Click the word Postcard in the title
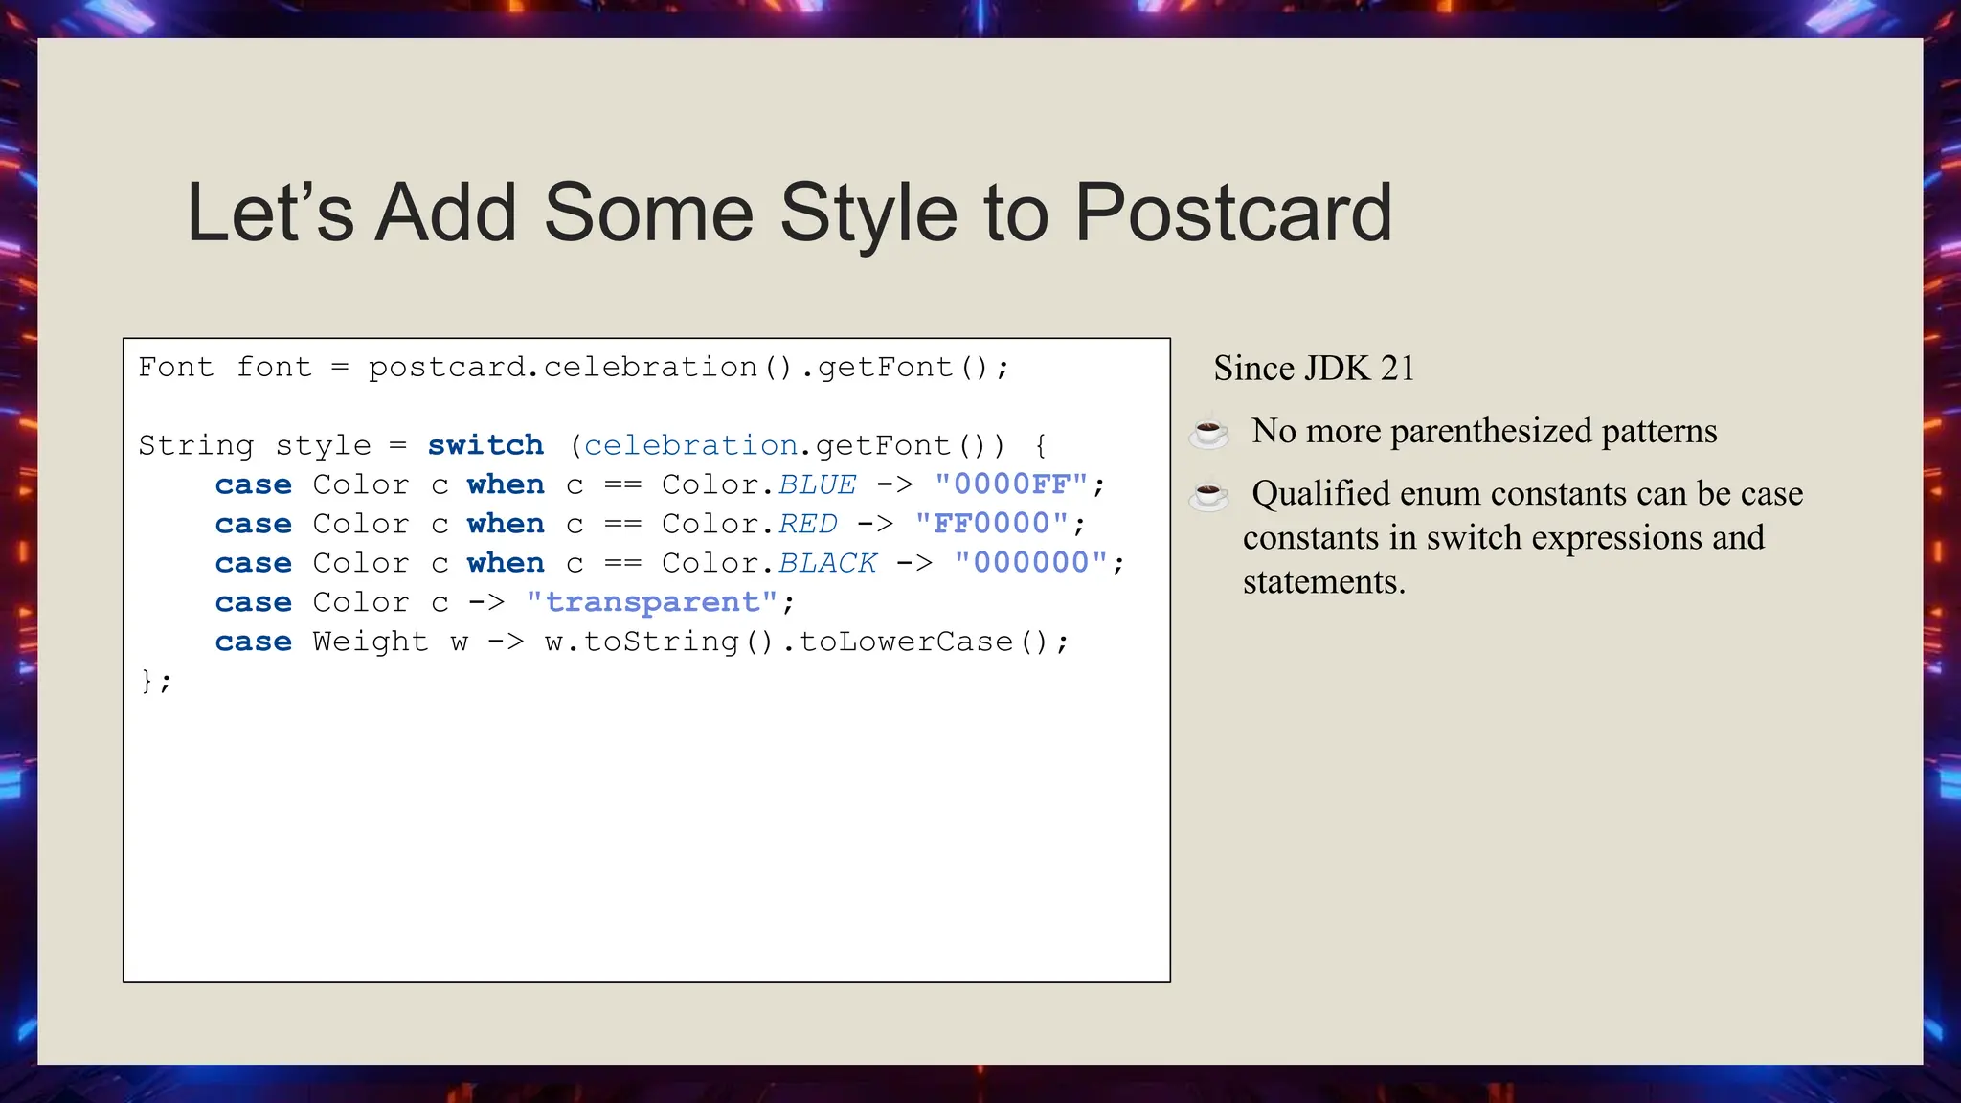(x=1232, y=213)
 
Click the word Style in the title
(x=868, y=213)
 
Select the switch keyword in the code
(x=485, y=445)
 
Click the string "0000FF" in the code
(x=1011, y=484)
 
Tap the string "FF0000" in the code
(x=992, y=524)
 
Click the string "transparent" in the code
(x=651, y=602)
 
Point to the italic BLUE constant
(x=817, y=484)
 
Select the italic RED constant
(x=807, y=524)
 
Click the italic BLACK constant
(x=827, y=563)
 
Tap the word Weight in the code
(x=370, y=642)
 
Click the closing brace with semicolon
(x=155, y=681)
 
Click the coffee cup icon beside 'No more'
(x=1208, y=432)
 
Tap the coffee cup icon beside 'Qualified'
(x=1208, y=495)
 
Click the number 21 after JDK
(x=1397, y=369)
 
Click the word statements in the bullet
(x=1323, y=582)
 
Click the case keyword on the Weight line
(x=253, y=642)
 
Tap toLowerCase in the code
(x=905, y=642)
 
